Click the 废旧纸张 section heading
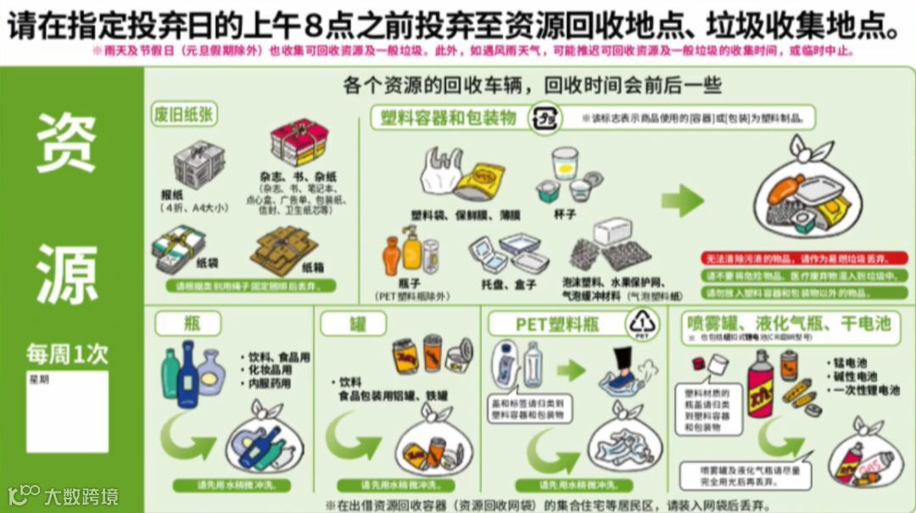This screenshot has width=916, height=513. pos(183,115)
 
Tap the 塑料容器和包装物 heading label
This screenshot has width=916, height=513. pos(449,118)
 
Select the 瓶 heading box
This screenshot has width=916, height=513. pos(187,323)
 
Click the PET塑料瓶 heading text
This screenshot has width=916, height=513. pos(557,324)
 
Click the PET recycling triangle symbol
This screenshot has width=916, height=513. pos(641,324)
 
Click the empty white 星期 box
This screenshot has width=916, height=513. pos(67,411)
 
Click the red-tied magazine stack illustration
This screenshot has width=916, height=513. pos(299,142)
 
